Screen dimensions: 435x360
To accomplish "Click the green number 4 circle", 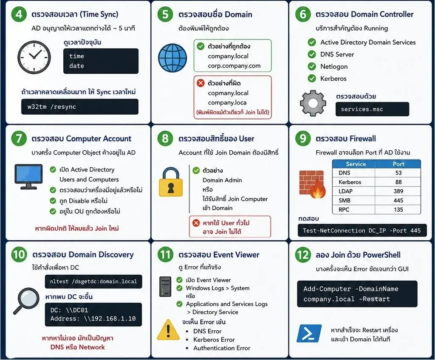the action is pyautogui.click(x=19, y=14).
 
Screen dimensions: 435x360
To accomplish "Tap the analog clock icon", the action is pyautogui.click(x=34, y=57).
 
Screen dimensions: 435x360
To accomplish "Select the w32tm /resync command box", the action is pyautogui.click(x=79, y=107).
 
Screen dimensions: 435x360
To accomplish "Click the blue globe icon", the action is pyautogui.click(x=172, y=58).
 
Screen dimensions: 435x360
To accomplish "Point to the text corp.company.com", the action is pyautogui.click(x=234, y=66).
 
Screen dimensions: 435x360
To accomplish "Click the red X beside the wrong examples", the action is pyautogui.click(x=201, y=83).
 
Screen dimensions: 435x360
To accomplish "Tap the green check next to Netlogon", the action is pyautogui.click(x=312, y=66).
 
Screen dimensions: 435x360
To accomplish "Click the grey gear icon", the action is pyautogui.click(x=313, y=103).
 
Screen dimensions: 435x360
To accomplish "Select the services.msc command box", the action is pyautogui.click(x=372, y=109).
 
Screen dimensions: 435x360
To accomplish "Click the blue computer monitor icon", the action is pyautogui.click(x=28, y=177).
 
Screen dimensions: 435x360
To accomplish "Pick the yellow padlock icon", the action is pyautogui.click(x=171, y=182).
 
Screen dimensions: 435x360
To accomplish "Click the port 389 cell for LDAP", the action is pyautogui.click(x=398, y=191).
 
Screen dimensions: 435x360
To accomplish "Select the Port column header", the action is pyautogui.click(x=398, y=164).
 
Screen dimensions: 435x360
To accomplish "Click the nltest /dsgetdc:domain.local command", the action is pyautogui.click(x=93, y=281).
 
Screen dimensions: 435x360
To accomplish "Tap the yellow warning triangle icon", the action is pyautogui.click(x=168, y=330).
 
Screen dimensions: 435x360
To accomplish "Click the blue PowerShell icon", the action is pyautogui.click(x=309, y=333).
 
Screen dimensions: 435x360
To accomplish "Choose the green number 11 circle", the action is pyautogui.click(x=165, y=254).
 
